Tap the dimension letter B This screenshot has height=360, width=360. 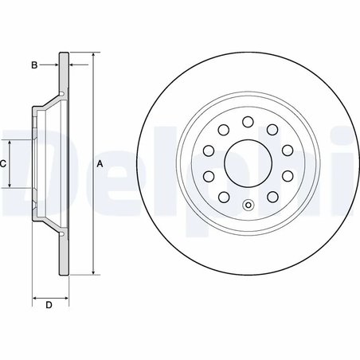pos(34,65)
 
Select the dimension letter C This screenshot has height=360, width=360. pos(3,163)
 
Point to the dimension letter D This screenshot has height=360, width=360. pos(49,305)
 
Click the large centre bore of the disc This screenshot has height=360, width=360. pos(248,164)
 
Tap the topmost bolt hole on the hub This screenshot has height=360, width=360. pos(248,122)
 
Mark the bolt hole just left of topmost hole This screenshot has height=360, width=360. pos(223,130)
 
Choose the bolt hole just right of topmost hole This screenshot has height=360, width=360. pos(272,130)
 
